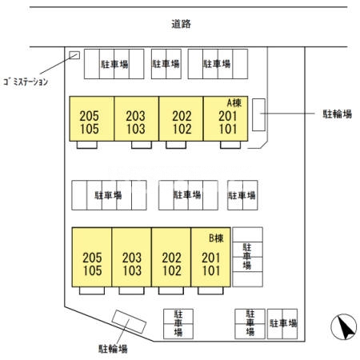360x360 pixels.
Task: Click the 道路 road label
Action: point(181,24)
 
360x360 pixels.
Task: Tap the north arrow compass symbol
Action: point(344,326)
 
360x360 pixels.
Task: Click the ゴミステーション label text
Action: point(26,82)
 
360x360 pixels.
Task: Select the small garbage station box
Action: point(74,55)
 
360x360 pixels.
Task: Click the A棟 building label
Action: point(234,102)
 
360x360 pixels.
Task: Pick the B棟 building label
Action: point(216,238)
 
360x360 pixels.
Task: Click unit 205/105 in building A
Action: point(92,118)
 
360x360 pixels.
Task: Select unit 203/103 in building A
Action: point(137,118)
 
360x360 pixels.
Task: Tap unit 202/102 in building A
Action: point(181,118)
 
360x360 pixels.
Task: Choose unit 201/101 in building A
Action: point(226,118)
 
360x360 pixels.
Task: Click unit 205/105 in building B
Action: point(92,257)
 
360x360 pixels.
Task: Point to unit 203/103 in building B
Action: point(132,257)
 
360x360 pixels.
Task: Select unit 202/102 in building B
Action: point(171,257)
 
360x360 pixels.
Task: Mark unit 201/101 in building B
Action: point(210,257)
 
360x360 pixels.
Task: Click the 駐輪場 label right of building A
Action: point(338,114)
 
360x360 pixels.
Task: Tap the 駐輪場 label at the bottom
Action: point(113,349)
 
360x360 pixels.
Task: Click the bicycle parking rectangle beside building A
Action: point(258,114)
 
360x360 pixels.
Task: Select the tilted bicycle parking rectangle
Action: point(129,322)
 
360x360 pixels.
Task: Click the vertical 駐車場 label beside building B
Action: point(247,256)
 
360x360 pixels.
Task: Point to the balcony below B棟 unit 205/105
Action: point(92,290)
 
